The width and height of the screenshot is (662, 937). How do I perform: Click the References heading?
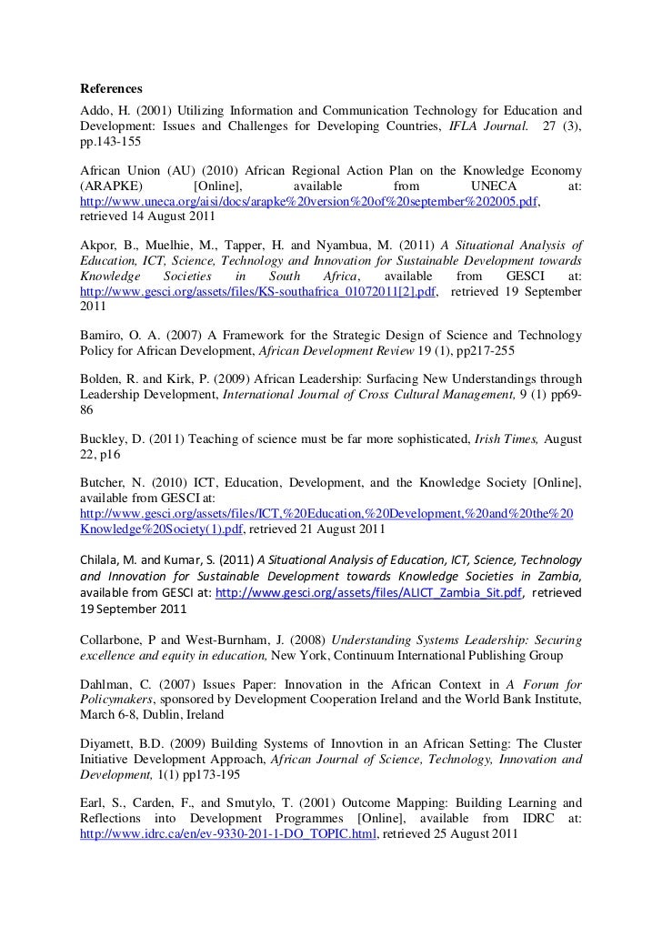112,89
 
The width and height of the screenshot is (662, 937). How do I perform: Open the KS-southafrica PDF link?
259,292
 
